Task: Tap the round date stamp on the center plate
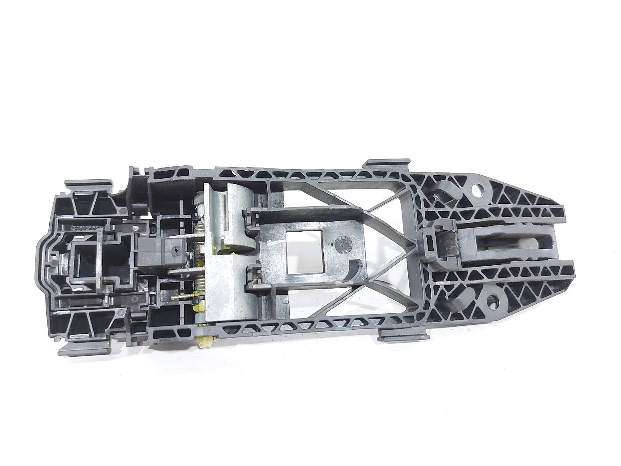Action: coord(341,244)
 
